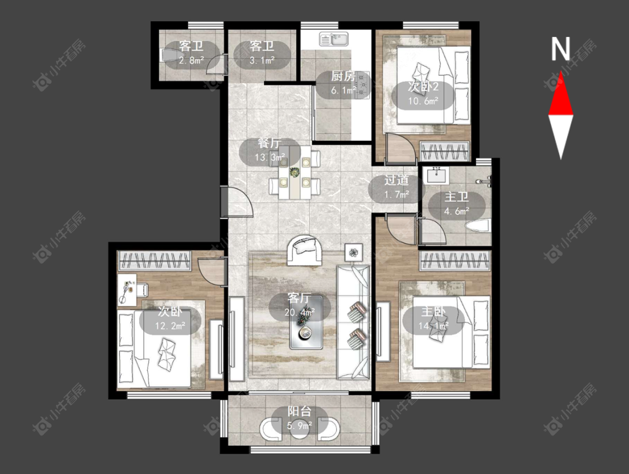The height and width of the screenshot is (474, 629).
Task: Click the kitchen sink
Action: pyautogui.click(x=334, y=39)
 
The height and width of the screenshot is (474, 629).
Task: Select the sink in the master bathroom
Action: pyautogui.click(x=436, y=176)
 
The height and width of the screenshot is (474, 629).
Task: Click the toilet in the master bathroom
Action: pyautogui.click(x=478, y=226)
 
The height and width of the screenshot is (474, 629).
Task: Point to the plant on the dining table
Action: pyautogui.click(x=295, y=172)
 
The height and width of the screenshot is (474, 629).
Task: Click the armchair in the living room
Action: pyautogui.click(x=305, y=250)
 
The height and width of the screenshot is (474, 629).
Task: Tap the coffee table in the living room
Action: pyautogui.click(x=306, y=323)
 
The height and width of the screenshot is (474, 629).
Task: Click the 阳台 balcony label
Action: pyautogui.click(x=300, y=411)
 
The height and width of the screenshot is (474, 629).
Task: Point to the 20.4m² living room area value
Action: pyautogui.click(x=299, y=311)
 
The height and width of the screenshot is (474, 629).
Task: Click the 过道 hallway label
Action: pyautogui.click(x=396, y=180)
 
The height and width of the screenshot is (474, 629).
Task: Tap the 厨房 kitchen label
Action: pyautogui.click(x=343, y=76)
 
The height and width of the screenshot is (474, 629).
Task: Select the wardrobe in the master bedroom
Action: pyautogui.click(x=455, y=261)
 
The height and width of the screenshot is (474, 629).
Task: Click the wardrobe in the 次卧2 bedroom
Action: pyautogui.click(x=444, y=151)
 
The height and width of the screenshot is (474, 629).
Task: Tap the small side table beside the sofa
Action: pyautogui.click(x=354, y=253)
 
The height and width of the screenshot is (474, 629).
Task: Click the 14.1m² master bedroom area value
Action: pyautogui.click(x=433, y=326)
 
